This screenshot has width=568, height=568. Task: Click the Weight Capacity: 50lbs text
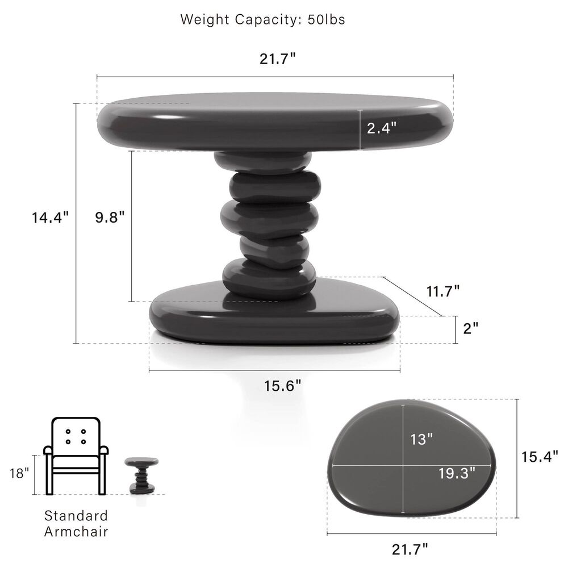[x=262, y=19]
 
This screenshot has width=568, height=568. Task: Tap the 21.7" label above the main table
[x=278, y=59]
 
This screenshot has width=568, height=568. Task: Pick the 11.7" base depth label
[x=442, y=291]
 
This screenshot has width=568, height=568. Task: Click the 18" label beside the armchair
[x=19, y=473]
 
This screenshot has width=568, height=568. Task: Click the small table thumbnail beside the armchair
[x=141, y=474]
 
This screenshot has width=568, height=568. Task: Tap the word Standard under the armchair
[x=76, y=516]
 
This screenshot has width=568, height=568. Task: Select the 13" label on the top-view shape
[x=421, y=438]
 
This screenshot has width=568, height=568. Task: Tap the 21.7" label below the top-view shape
[x=410, y=549]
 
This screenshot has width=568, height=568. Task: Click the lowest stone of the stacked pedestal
[x=269, y=278]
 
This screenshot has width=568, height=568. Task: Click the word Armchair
[x=76, y=532]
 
